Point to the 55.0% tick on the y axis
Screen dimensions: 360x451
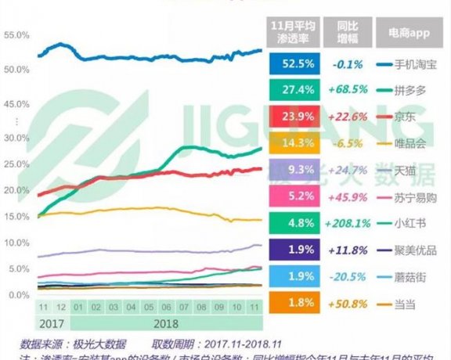pos(16,35)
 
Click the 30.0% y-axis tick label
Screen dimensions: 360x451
pos(16,138)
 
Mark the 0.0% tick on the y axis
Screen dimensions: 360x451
pos(16,295)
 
